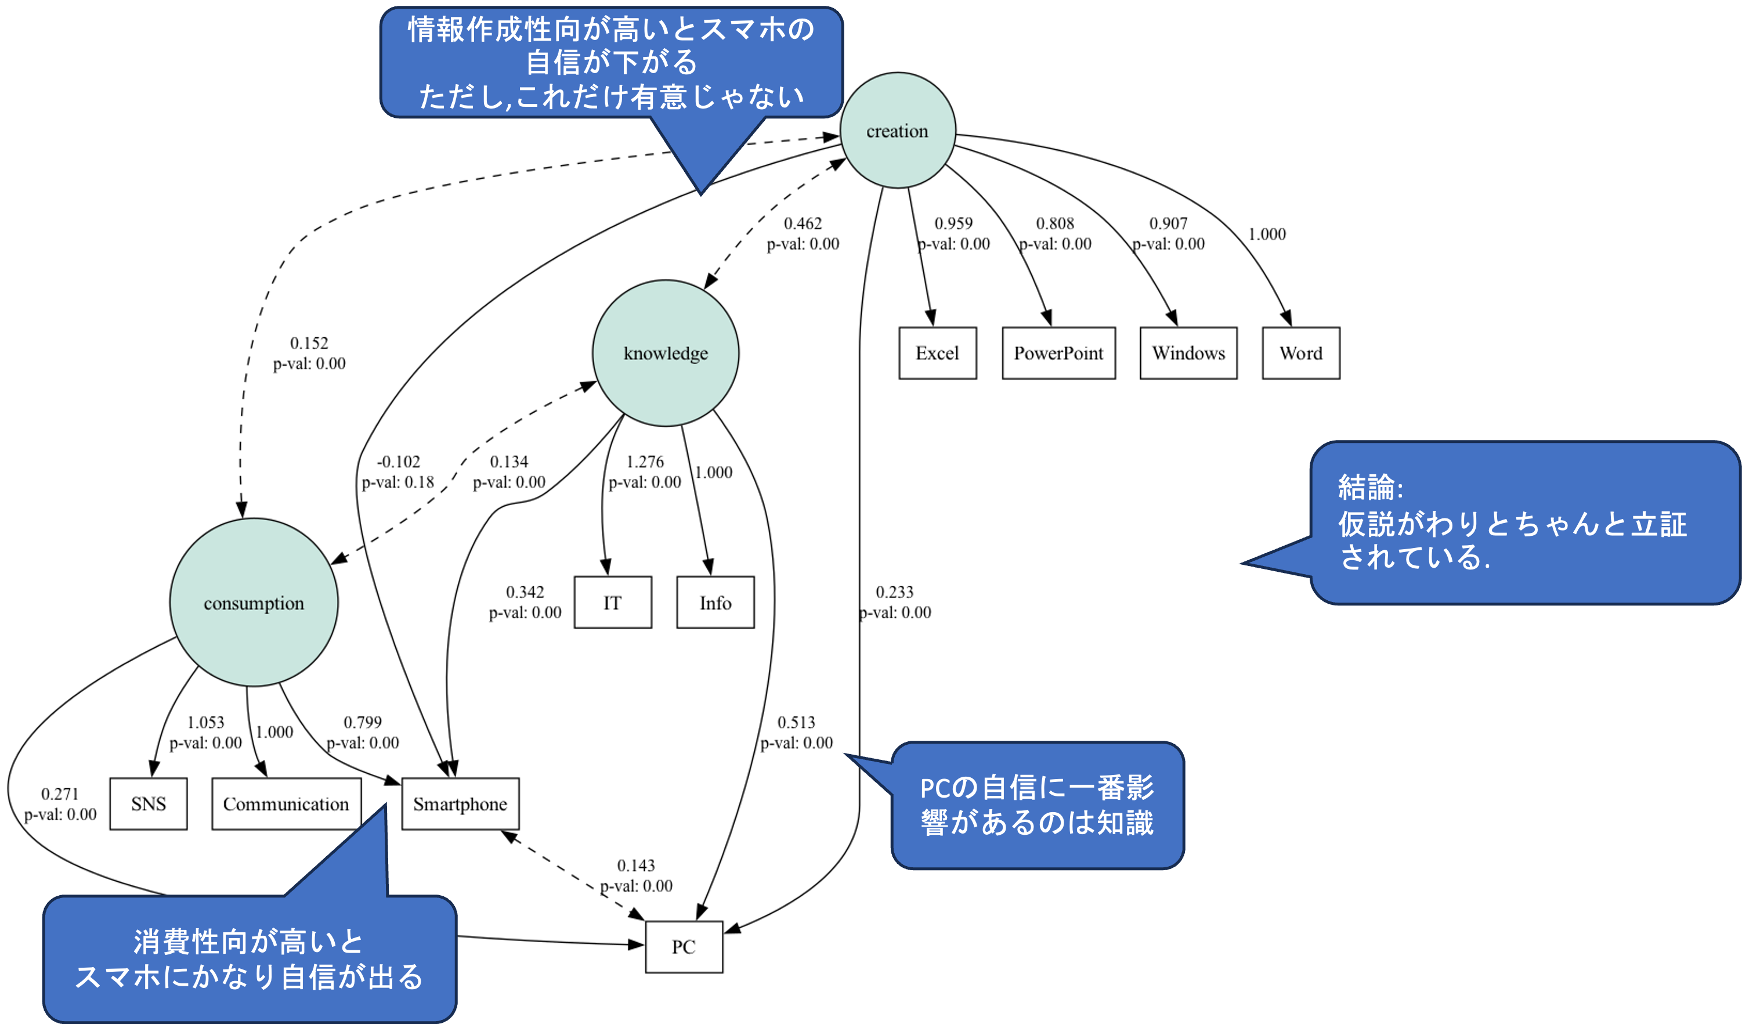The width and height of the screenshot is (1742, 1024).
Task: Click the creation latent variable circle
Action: click(897, 131)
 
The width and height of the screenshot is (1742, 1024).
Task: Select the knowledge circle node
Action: click(666, 354)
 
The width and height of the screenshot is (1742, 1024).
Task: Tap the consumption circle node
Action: click(254, 603)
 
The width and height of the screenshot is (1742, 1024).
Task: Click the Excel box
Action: click(937, 354)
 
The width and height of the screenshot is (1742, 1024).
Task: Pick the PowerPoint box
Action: click(1058, 354)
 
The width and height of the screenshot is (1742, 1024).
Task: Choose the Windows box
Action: click(1188, 354)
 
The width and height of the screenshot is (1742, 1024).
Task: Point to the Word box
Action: click(1301, 354)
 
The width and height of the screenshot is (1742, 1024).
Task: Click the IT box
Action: click(612, 603)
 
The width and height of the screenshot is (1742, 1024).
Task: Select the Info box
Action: click(715, 603)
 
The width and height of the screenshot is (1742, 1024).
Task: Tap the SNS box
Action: click(149, 804)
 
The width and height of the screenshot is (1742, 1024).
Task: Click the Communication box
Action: click(285, 804)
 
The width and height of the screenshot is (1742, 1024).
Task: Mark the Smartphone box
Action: click(460, 804)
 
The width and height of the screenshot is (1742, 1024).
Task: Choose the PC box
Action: click(684, 947)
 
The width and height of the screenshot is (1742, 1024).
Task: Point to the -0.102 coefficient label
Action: click(398, 462)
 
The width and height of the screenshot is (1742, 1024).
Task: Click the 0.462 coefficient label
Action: click(803, 224)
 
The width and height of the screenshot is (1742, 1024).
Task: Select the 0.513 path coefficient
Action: click(796, 723)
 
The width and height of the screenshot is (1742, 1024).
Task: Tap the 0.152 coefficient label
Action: click(309, 344)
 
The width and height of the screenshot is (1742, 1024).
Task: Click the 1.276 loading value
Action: click(645, 462)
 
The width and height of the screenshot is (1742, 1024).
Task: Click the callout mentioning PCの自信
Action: click(1037, 806)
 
